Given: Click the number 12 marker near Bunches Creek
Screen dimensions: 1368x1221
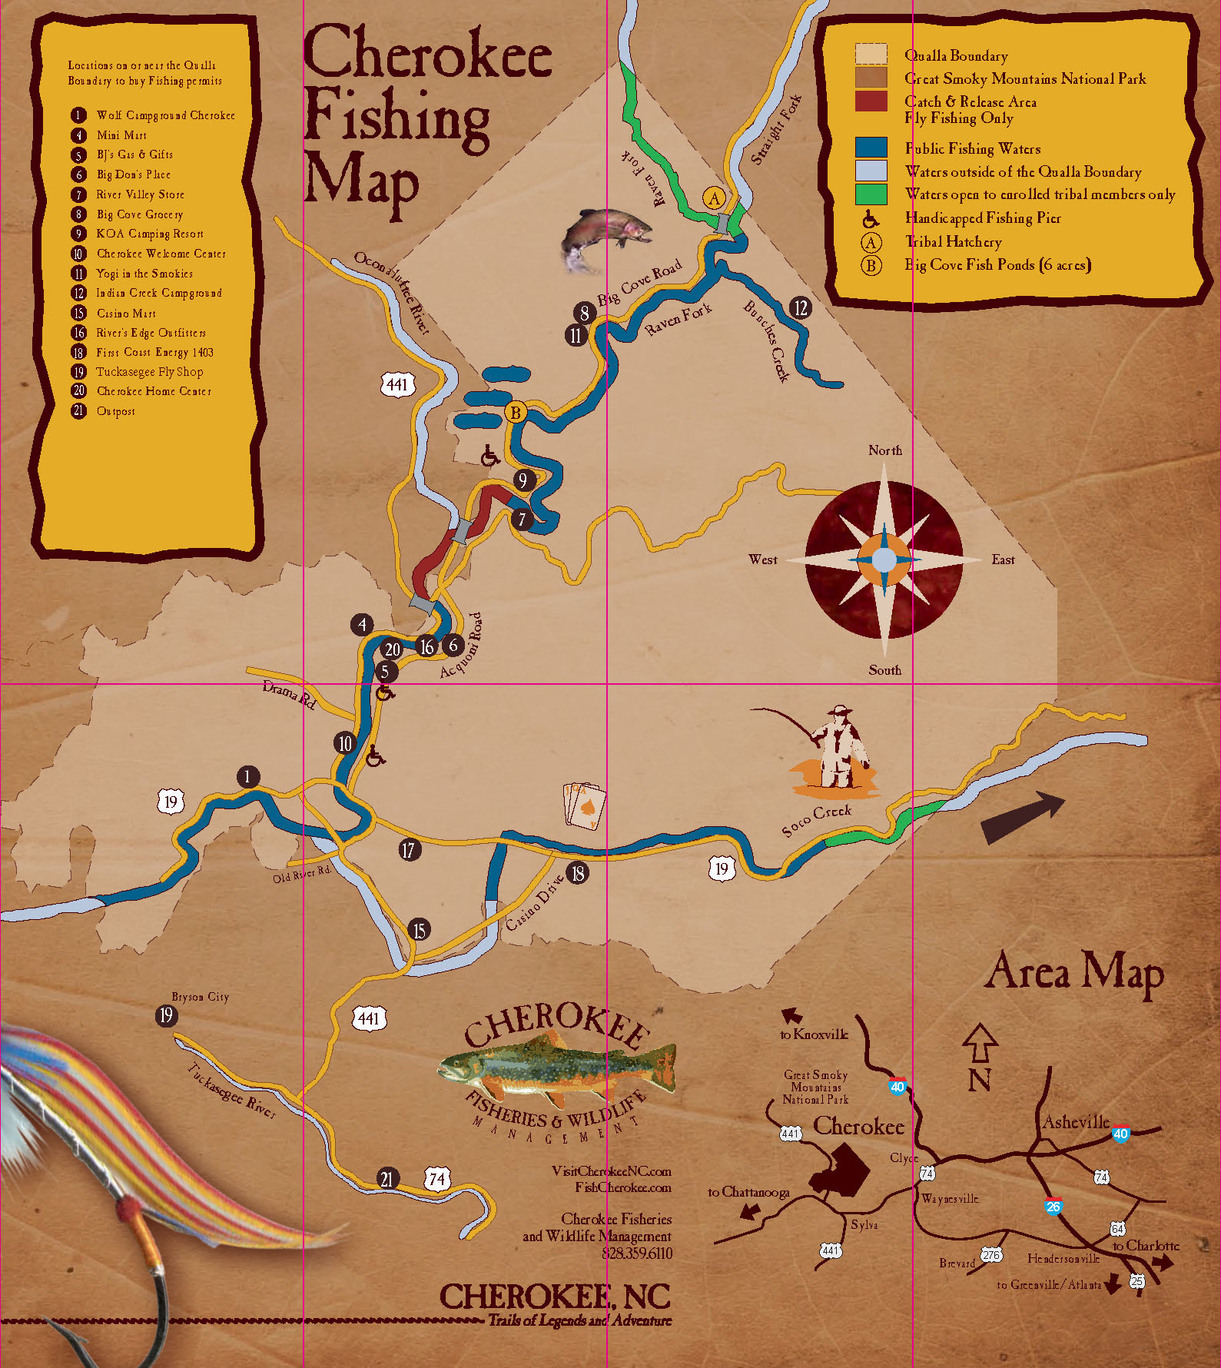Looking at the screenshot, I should pyautogui.click(x=801, y=308).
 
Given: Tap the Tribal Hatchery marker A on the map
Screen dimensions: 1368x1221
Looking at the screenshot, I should pyautogui.click(x=715, y=198).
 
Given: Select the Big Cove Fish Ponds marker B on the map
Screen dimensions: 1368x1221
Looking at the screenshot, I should pyautogui.click(x=516, y=413).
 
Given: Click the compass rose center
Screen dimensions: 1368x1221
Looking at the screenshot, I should pyautogui.click(x=884, y=559).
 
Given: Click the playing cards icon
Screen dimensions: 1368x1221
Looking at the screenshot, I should pyautogui.click(x=586, y=805).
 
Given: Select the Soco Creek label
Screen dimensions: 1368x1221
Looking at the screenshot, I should pyautogui.click(x=816, y=820).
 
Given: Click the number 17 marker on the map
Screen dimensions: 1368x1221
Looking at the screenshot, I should pyautogui.click(x=409, y=849).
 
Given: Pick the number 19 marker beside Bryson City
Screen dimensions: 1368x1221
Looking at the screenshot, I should pyautogui.click(x=165, y=1016).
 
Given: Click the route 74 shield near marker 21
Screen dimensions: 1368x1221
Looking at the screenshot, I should pyautogui.click(x=437, y=1179).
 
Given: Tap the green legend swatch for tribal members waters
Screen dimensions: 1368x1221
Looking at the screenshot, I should pyautogui.click(x=871, y=194).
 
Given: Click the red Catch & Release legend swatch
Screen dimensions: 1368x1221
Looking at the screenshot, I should pyautogui.click(x=871, y=101).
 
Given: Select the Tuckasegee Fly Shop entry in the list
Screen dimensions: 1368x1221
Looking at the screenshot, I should pyautogui.click(x=149, y=372).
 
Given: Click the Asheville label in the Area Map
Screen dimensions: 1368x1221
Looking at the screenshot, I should pyautogui.click(x=1075, y=1122).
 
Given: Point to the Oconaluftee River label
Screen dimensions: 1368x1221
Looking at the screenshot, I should pyautogui.click(x=392, y=292).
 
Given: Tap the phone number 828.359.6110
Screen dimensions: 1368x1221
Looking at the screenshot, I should pyautogui.click(x=636, y=1253).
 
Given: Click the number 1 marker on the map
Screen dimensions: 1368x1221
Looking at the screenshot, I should pyautogui.click(x=247, y=776).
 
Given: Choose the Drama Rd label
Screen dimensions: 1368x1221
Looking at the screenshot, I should pyautogui.click(x=289, y=695).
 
